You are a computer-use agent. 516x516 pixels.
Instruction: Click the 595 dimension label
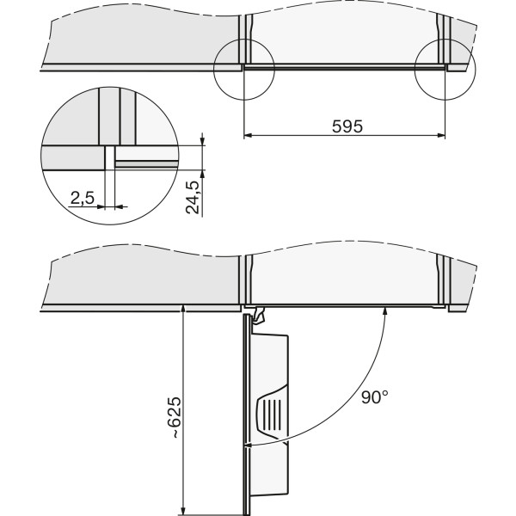point(347,126)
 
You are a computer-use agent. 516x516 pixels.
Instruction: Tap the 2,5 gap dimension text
point(83,198)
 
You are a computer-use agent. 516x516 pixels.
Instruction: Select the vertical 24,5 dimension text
point(193,198)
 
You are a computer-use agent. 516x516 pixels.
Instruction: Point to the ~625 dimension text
point(174,417)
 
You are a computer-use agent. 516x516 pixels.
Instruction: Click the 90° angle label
point(375,396)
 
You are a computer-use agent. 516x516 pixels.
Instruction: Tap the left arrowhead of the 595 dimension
point(248,135)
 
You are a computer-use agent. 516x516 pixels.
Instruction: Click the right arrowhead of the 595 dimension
point(441,135)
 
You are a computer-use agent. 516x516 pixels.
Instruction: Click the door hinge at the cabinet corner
point(257,316)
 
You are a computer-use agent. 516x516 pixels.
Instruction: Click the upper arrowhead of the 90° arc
point(385,310)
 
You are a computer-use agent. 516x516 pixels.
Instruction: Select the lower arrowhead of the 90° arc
point(249,446)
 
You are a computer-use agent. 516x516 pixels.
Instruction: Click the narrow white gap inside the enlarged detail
point(109,158)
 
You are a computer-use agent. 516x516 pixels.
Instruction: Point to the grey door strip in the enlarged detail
point(147,164)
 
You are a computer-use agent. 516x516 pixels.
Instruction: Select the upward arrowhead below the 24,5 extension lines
point(202,174)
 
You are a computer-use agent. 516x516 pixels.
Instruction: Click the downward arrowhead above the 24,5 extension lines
point(202,141)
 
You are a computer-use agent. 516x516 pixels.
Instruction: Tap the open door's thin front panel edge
point(245,415)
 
